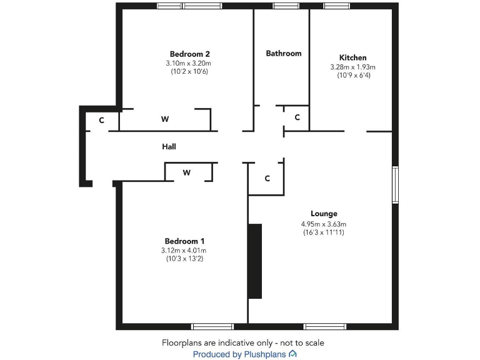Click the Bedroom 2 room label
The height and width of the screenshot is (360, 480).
point(189,54)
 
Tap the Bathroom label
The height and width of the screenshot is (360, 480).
point(284,53)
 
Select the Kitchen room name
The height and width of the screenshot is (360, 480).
point(352,57)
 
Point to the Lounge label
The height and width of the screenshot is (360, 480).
point(324,214)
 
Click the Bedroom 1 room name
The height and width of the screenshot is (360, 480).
point(184,241)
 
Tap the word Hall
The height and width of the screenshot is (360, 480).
point(169,147)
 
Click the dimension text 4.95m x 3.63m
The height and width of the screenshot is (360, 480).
point(324,224)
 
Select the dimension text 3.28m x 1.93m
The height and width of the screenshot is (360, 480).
point(352,67)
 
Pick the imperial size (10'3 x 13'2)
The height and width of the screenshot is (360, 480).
point(184,259)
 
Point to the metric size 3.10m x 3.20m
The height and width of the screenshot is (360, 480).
point(189,63)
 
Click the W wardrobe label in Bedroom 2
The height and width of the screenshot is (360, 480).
point(165,119)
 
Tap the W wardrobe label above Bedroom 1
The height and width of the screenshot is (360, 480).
point(186,172)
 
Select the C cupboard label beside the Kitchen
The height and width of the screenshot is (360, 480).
point(297,117)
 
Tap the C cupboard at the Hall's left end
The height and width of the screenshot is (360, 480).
point(101,120)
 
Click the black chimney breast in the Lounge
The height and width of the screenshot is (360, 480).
point(254,261)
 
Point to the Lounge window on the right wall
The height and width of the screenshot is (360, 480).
point(395,184)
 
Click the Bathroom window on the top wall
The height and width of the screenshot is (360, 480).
point(286,6)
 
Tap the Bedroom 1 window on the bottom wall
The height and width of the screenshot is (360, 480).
point(212,326)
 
